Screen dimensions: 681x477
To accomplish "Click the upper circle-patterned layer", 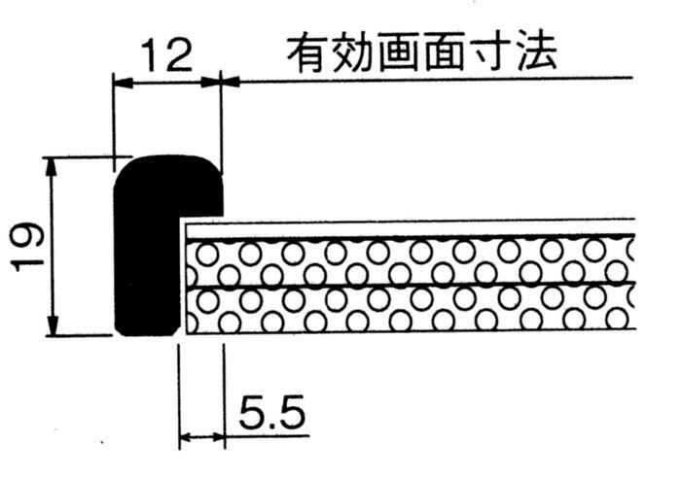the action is point(409,261).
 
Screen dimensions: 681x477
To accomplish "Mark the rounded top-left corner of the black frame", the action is point(125,168).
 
